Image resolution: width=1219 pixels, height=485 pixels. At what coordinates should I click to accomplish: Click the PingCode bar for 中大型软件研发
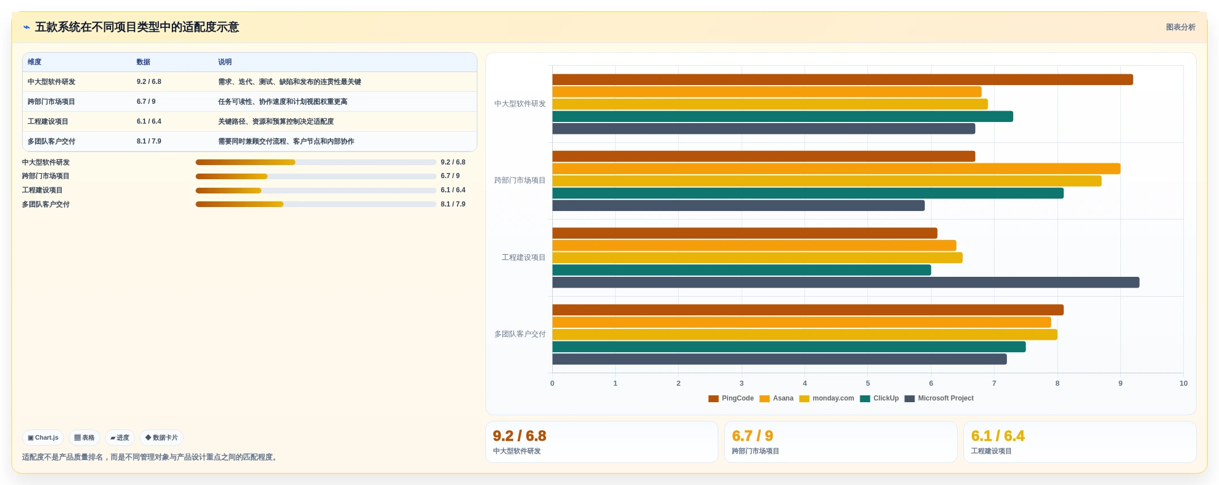coord(843,80)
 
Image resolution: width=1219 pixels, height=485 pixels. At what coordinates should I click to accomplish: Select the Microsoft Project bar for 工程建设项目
coord(846,282)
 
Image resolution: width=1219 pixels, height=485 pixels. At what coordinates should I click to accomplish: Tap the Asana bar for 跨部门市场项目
coord(836,168)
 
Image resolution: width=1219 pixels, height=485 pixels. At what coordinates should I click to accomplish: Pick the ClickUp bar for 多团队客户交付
coord(789,347)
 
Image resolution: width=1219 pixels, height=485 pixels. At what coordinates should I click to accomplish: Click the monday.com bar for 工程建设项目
coord(757,258)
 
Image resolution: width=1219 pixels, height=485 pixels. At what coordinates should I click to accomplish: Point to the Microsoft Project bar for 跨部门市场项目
coord(738,205)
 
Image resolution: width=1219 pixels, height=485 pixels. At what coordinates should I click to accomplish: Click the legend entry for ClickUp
coord(879,398)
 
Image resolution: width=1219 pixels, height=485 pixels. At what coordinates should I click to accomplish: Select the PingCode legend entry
coord(731,398)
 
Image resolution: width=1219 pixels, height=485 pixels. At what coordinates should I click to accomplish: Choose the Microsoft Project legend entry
coord(939,398)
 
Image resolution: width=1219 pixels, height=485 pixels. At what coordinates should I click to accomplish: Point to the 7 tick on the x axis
coord(994,383)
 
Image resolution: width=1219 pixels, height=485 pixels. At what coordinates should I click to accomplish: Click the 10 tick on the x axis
coord(1183,383)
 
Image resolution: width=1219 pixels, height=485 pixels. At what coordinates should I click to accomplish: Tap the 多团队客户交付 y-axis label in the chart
coord(520,334)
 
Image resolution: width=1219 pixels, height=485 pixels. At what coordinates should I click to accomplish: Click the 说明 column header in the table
coord(225,62)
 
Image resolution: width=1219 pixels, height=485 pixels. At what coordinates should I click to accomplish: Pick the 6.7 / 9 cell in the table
coord(146,102)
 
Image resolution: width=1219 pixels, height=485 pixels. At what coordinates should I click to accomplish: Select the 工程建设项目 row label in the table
coord(48,121)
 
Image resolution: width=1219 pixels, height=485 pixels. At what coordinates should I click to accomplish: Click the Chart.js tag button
coord(43,437)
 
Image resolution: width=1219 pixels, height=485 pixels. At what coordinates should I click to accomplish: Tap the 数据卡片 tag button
coord(162,437)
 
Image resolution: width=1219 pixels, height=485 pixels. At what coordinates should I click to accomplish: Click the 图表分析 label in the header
coord(1180,27)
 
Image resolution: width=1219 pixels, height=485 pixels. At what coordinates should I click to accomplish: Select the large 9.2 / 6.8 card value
coord(519,436)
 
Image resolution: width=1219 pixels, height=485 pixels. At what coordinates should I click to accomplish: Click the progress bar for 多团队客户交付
coord(316,204)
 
